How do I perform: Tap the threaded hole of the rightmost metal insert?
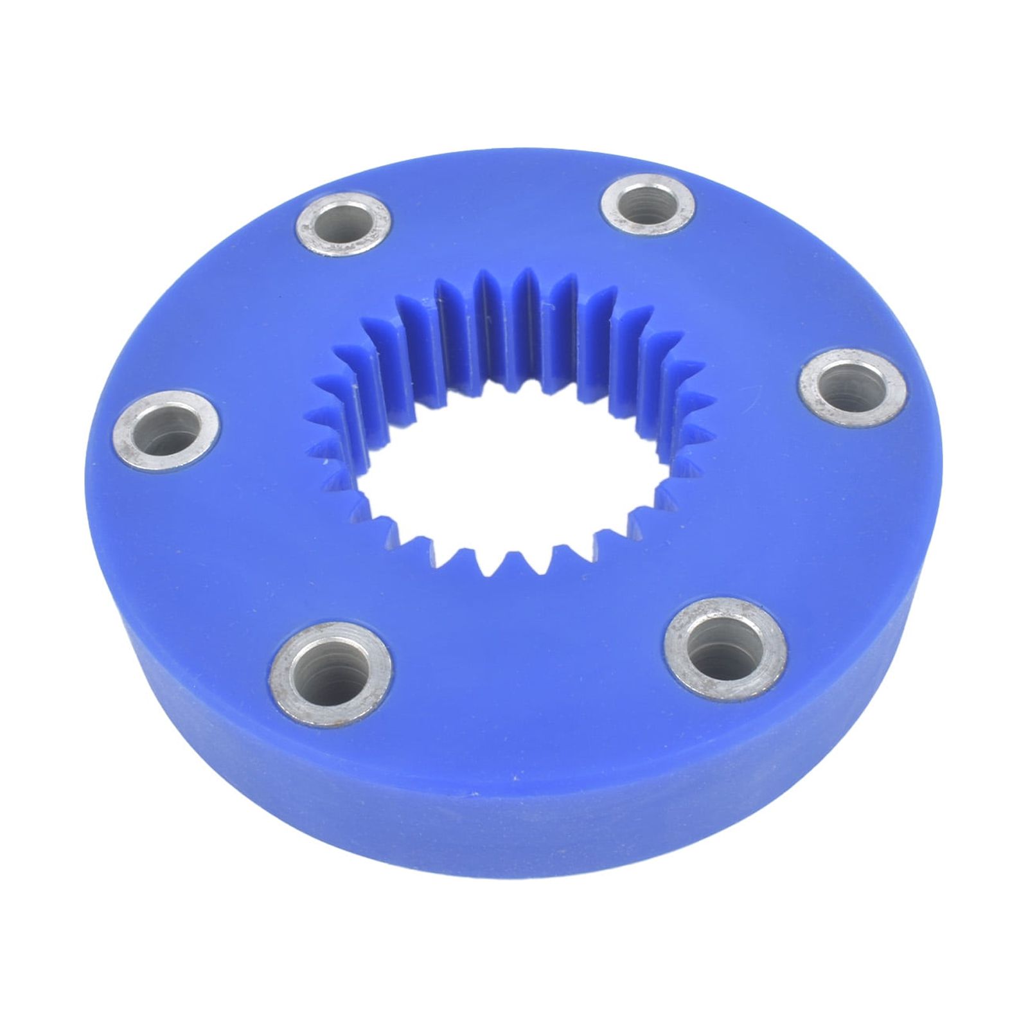[852, 385]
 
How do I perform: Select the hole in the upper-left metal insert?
[344, 226]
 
